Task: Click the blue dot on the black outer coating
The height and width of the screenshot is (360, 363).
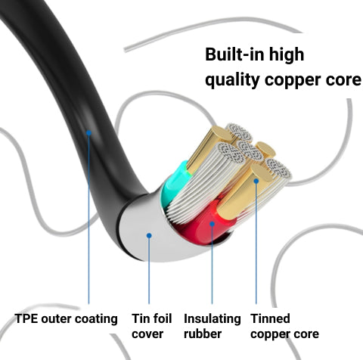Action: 88,132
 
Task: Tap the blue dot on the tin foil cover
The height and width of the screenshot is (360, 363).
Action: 149,235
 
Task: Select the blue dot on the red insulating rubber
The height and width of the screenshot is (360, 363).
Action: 212,224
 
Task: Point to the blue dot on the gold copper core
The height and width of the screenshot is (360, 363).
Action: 256,181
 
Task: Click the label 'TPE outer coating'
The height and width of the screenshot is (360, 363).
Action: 67,318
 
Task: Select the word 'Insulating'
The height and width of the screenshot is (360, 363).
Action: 213,319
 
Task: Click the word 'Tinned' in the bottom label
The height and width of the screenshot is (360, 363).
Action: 270,318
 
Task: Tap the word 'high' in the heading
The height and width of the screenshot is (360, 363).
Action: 287,54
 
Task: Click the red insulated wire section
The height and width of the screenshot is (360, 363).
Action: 206,223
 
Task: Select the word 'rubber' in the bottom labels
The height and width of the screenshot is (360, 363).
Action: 203,334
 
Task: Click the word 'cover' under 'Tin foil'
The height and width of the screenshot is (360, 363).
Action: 147,334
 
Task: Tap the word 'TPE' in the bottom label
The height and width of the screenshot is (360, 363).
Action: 26,318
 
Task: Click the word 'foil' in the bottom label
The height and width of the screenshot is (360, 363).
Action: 161,318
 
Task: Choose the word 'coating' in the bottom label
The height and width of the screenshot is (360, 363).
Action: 97,319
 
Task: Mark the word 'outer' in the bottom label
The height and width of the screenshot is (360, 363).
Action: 57,319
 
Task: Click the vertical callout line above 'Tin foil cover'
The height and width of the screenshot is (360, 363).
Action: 149,270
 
